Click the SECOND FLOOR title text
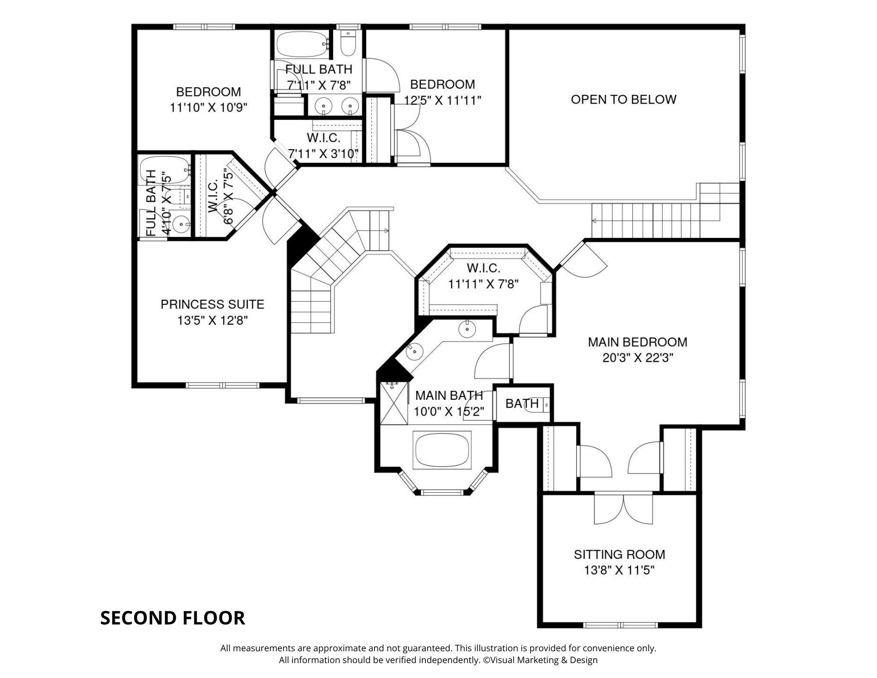pyautogui.click(x=173, y=618)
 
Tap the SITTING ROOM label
pyautogui.click(x=619, y=554)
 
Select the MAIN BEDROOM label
pyautogui.click(x=638, y=342)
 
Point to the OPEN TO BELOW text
pyautogui.click(x=624, y=99)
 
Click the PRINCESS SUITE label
pyautogui.click(x=212, y=304)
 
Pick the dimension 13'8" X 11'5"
pyautogui.click(x=619, y=570)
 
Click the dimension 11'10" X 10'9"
pyautogui.click(x=209, y=108)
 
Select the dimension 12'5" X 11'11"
pyautogui.click(x=442, y=100)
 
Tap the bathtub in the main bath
pyautogui.click(x=442, y=450)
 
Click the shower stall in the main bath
pyautogui.click(x=393, y=403)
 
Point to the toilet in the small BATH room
pyautogui.click(x=544, y=404)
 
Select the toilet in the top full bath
pyautogui.click(x=348, y=44)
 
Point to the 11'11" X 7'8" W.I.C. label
pyautogui.click(x=483, y=284)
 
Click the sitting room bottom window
pyautogui.click(x=620, y=625)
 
